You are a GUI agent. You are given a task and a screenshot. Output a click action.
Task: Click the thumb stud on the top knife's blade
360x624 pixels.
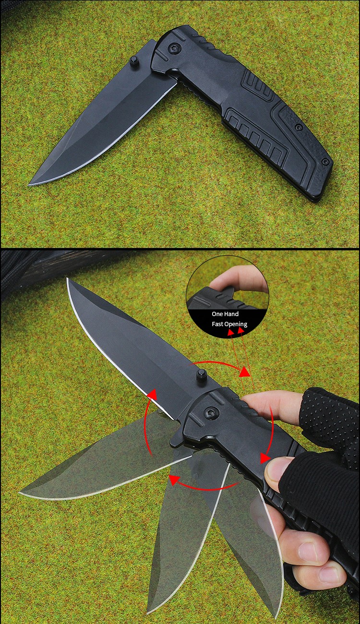[x=135, y=61]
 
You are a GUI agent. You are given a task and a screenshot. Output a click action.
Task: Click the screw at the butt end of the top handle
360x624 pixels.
[x=325, y=161]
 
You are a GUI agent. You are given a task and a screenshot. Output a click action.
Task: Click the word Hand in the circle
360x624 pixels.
[x=232, y=314]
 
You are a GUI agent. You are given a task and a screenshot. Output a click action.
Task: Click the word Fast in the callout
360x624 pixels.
[x=218, y=324]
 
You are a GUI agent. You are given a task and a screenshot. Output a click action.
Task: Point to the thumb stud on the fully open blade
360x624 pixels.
[x=201, y=375]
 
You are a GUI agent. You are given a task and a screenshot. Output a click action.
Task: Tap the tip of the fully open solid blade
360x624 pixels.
[x=67, y=279]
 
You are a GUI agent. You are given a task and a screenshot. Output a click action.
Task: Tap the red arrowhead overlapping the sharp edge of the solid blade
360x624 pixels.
[x=152, y=394]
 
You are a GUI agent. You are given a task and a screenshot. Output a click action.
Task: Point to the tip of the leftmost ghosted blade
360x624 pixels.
[x=20, y=493]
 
